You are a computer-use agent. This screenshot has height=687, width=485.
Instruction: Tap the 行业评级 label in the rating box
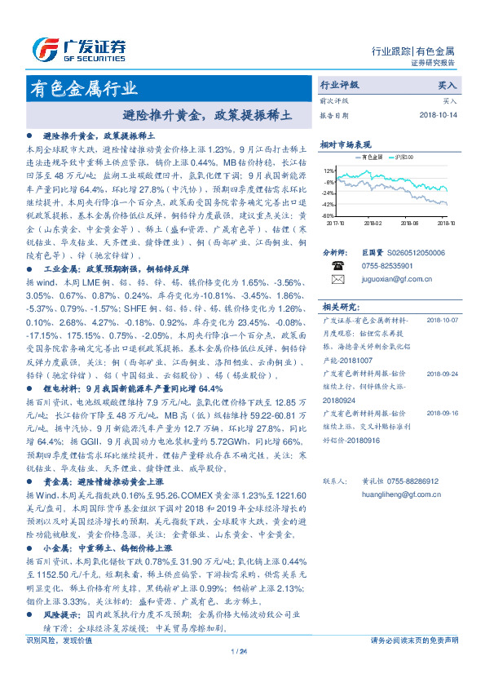pos(340,84)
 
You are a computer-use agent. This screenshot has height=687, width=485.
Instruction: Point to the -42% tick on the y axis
pos(328,204)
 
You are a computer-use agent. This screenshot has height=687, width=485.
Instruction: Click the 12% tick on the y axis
pos(329,171)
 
